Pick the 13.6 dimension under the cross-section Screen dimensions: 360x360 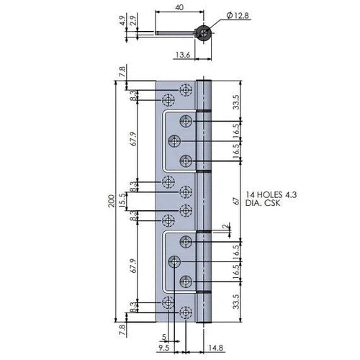[184, 54]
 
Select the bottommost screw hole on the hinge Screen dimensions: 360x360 [186, 312]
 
